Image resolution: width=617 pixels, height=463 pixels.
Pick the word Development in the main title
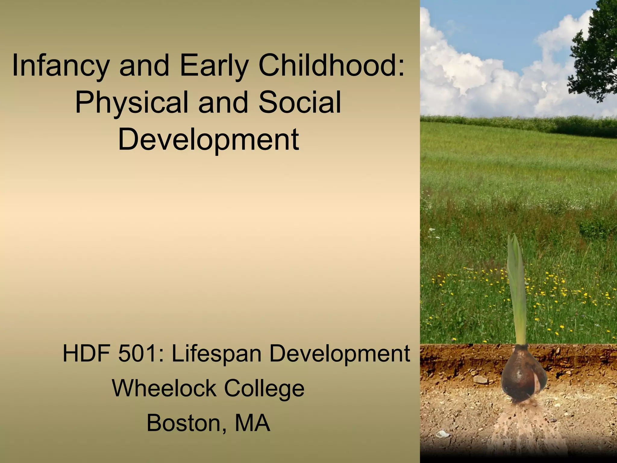pyautogui.click(x=208, y=139)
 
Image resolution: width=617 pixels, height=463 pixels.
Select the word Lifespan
pyautogui.click(x=216, y=354)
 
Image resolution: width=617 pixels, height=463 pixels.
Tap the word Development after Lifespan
pyautogui.click(x=339, y=354)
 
